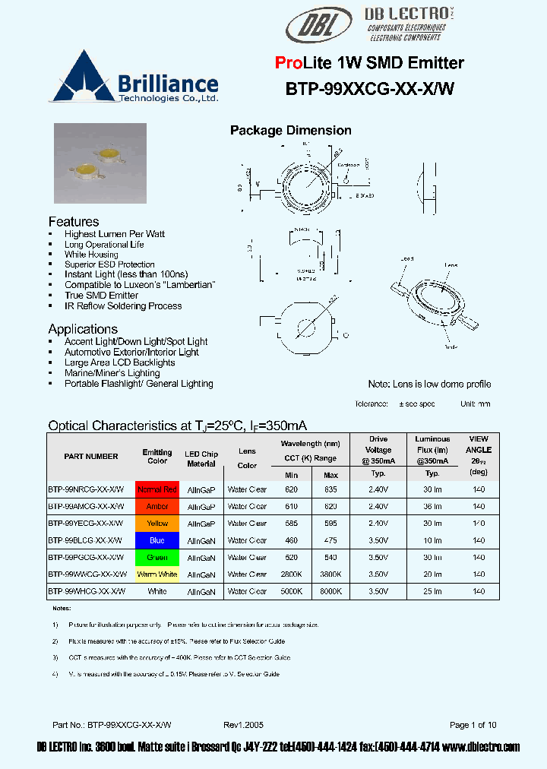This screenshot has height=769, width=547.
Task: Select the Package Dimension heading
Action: (290, 131)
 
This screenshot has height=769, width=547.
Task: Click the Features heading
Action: (74, 221)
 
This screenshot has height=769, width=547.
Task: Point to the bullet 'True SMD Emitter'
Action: (101, 296)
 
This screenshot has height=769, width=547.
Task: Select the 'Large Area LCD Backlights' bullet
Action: (109, 363)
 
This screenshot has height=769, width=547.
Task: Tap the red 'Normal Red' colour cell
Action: (157, 489)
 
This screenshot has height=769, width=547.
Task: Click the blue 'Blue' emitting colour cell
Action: (157, 540)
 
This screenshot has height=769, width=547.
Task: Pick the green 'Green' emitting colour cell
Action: (157, 558)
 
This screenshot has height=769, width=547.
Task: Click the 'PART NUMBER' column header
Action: (91, 456)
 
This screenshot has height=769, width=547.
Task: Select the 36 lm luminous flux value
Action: (432, 506)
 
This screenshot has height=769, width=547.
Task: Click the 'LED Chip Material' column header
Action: (201, 459)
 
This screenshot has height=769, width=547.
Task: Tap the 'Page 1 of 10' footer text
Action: (473, 725)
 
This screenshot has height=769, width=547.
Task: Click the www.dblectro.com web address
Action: (482, 747)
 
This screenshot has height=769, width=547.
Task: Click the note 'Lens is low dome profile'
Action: (429, 384)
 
